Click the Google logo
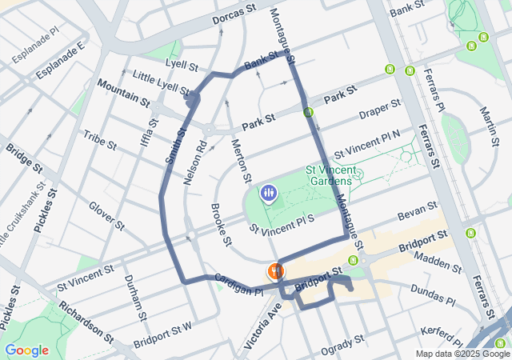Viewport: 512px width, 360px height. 26,350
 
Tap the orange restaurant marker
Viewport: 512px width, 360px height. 275,271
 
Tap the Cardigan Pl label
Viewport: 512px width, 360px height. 238,286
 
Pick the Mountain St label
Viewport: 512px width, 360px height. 123,93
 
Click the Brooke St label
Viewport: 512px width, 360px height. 222,223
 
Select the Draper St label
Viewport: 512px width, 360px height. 379,110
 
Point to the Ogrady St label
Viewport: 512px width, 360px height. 342,343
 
